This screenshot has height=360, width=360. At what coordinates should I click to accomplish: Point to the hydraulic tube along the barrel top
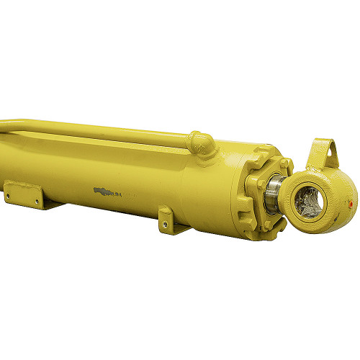pyautogui.click(x=108, y=130)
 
